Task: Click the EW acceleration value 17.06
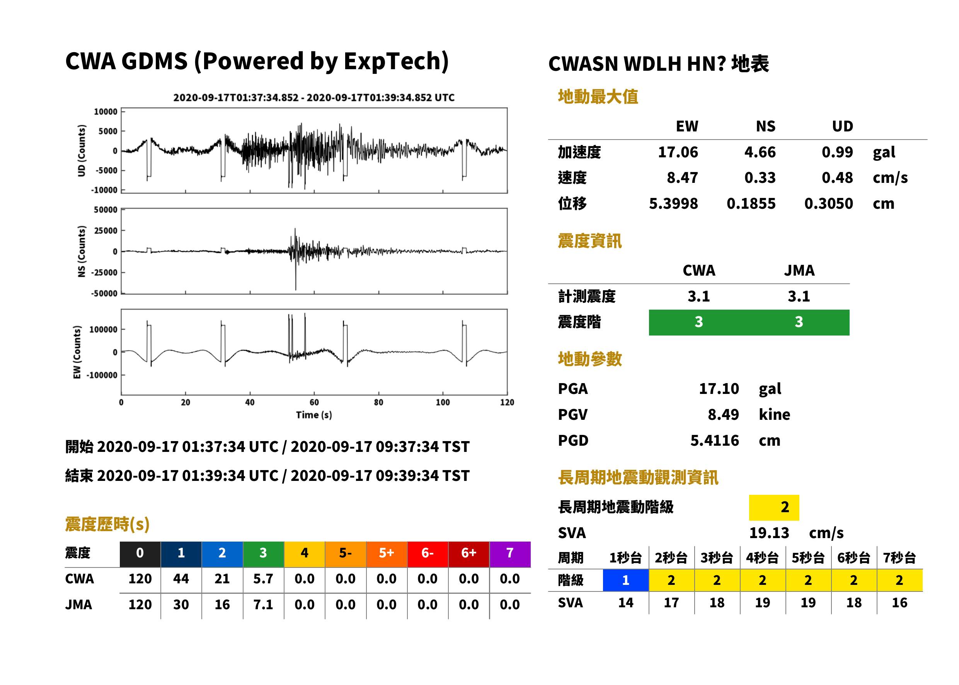coord(678,152)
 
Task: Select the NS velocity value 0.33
coord(760,177)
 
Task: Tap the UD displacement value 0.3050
coord(828,203)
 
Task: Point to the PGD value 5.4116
coord(714,440)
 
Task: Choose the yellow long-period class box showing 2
coord(774,508)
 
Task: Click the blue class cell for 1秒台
coord(626,580)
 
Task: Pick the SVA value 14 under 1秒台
coord(626,602)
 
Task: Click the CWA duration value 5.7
coord(263,579)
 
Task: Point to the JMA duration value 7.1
coord(263,605)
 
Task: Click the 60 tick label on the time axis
coord(314,402)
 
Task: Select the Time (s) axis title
coord(314,415)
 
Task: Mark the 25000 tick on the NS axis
coord(106,231)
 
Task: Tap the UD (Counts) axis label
coord(82,151)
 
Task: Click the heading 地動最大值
coord(598,97)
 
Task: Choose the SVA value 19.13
coord(769,533)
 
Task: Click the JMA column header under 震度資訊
coord(799,270)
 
